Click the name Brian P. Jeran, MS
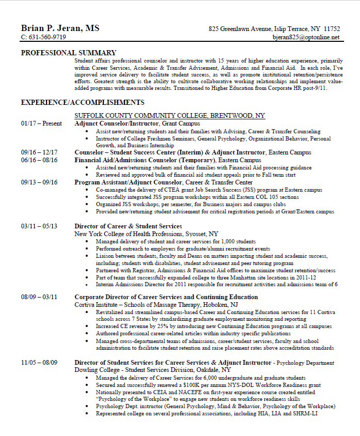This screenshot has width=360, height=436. tap(60, 28)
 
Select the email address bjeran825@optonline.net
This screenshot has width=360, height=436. tap(306, 37)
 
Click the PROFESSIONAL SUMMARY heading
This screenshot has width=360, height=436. tap(68, 53)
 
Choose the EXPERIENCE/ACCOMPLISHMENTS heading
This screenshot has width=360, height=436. tap(82, 102)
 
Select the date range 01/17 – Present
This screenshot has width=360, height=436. tap(41, 123)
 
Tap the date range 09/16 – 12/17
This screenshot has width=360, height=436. tap(39, 152)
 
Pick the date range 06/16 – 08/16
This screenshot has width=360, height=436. tap(39, 160)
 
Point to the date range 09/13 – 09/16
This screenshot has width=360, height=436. tap(39, 182)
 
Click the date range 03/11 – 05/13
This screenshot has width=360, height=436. tap(39, 226)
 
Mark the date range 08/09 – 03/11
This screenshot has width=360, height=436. tap(39, 297)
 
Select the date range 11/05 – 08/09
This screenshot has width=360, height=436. tap(39, 363)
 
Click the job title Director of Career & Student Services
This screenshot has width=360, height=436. tap(128, 226)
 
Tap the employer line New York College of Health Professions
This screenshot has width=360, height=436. tap(146, 233)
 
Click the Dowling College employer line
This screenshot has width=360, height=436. tap(152, 370)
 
